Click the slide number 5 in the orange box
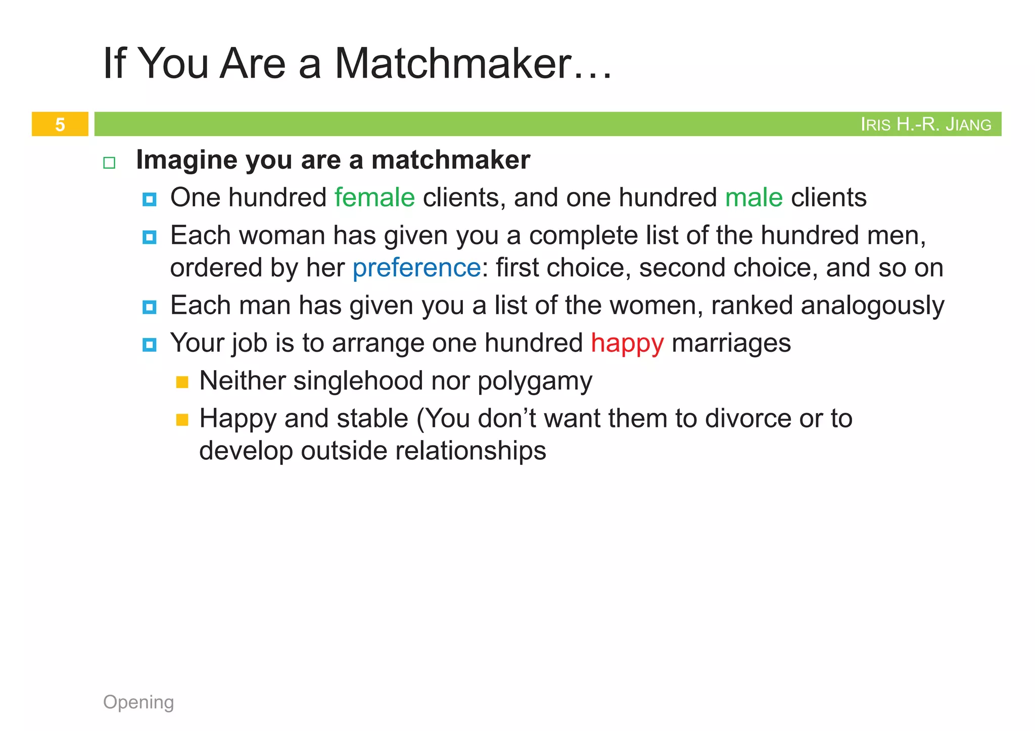click(60, 124)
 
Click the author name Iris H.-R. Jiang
click(925, 124)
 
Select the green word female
click(374, 198)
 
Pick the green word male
click(754, 198)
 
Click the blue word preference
click(416, 268)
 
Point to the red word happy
click(627, 343)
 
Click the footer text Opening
click(138, 702)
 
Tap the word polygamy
click(535, 381)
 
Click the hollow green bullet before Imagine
click(109, 163)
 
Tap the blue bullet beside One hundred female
click(149, 200)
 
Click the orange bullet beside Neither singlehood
click(182, 382)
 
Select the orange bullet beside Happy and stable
click(182, 420)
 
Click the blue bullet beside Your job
click(149, 345)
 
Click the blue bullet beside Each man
click(149, 307)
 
